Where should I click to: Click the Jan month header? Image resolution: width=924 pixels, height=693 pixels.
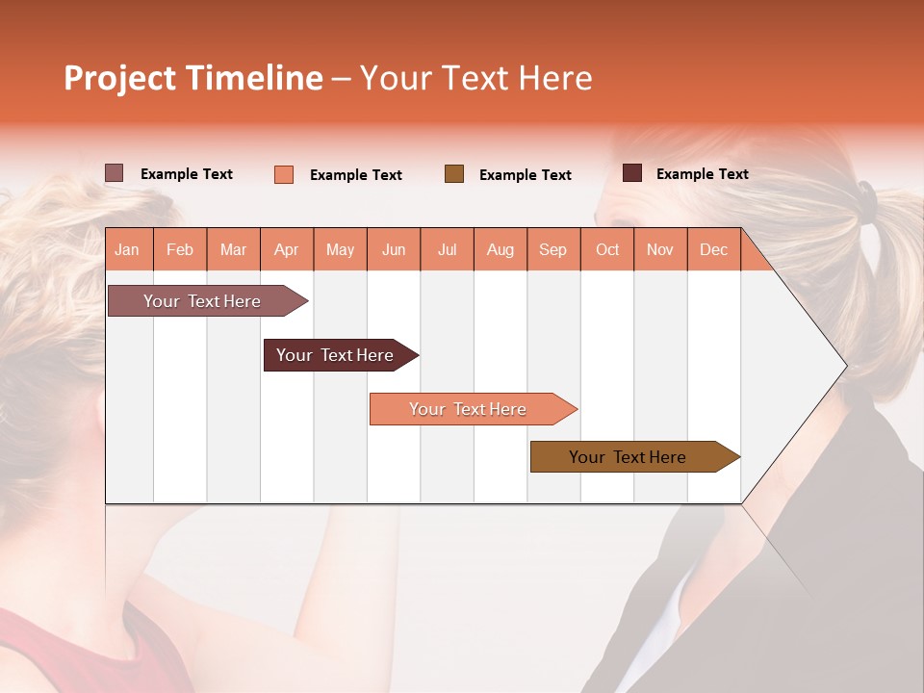[x=128, y=249]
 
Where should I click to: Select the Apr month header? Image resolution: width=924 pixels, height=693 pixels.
[x=287, y=249]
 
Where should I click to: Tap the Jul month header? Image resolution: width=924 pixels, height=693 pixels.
[x=448, y=249]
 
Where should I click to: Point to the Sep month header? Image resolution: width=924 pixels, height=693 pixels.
[x=553, y=249]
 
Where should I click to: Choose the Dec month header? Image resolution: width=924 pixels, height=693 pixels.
[x=713, y=249]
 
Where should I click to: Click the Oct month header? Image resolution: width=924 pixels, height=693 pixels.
[x=607, y=249]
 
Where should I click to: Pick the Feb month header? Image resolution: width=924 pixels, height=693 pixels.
[x=180, y=249]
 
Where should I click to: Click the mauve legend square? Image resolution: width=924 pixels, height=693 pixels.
[x=115, y=173]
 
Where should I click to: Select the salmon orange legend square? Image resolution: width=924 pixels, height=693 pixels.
[x=284, y=174]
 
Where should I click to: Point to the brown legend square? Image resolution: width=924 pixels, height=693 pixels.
[x=454, y=174]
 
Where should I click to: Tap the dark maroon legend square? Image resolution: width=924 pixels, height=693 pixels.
[x=632, y=173]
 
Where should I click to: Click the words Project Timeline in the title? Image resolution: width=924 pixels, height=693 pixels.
[x=193, y=78]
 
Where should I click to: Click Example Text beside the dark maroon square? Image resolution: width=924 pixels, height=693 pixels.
[x=702, y=174]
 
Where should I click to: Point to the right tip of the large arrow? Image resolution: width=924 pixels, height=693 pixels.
[x=844, y=366]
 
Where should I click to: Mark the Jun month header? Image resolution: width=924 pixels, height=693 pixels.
[x=394, y=249]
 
